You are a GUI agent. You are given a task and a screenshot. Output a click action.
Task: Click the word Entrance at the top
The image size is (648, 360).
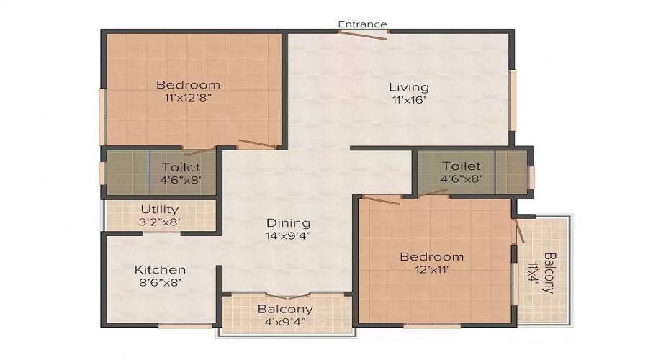click(x=363, y=24)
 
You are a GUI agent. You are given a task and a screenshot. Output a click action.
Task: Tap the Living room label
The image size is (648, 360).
click(x=410, y=87)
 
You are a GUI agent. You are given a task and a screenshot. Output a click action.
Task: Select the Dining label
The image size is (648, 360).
click(x=289, y=222)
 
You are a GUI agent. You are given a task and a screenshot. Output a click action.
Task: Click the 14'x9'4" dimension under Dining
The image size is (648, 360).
click(x=289, y=235)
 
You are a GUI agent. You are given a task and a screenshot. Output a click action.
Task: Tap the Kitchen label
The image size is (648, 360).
click(x=160, y=269)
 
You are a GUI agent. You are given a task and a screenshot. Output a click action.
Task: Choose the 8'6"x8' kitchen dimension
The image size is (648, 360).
click(x=160, y=282)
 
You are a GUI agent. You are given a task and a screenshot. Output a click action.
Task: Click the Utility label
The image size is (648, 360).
click(x=160, y=210)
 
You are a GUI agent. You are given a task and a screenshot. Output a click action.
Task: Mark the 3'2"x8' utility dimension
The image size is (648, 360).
click(x=160, y=222)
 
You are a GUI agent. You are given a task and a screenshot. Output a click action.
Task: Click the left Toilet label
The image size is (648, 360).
click(x=181, y=167)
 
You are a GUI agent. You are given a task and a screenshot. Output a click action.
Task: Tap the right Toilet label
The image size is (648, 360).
click(x=462, y=166)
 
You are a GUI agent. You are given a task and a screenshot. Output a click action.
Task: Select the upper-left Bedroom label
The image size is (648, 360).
click(x=188, y=84)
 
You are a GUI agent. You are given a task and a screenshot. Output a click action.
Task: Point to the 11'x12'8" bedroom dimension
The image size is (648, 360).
click(x=188, y=96)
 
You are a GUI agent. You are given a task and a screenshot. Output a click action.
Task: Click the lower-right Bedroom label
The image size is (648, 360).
click(x=432, y=256)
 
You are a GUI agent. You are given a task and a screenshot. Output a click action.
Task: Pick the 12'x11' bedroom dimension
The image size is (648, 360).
click(x=432, y=269)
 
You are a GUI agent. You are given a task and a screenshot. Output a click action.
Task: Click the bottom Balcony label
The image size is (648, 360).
click(x=286, y=309)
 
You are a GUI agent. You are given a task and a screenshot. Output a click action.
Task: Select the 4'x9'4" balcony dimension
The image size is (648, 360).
click(x=286, y=321)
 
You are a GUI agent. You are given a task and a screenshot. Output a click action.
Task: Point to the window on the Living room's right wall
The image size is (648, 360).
click(x=513, y=99)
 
